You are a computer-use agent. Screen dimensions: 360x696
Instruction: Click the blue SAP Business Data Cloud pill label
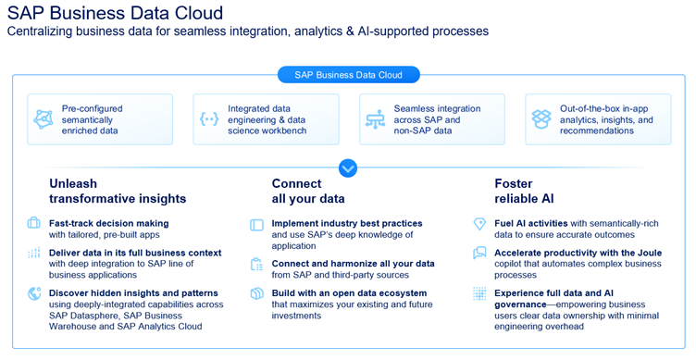[x=348, y=74]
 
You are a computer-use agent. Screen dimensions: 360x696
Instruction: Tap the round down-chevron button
[x=348, y=168]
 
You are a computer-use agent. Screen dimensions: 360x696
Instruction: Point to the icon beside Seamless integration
[x=375, y=119]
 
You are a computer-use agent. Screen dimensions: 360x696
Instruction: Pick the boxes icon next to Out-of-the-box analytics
[x=541, y=119]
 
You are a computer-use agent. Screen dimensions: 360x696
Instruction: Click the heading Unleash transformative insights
[x=118, y=191]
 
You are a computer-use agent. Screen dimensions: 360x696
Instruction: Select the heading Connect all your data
[x=308, y=191]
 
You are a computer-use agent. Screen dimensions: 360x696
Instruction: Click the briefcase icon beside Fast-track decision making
[x=34, y=223]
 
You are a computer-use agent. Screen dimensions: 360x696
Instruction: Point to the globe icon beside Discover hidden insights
[x=34, y=293]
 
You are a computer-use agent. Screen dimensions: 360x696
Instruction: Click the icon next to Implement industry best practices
[x=256, y=224]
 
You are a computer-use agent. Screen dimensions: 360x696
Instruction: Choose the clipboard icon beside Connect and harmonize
[x=256, y=265]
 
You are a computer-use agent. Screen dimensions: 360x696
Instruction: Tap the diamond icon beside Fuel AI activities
[x=479, y=224]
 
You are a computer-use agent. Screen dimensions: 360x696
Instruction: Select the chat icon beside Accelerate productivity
[x=479, y=253]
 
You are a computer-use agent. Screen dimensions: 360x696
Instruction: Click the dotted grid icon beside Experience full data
[x=479, y=293]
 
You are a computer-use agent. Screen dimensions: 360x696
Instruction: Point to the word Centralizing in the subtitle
[x=45, y=31]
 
